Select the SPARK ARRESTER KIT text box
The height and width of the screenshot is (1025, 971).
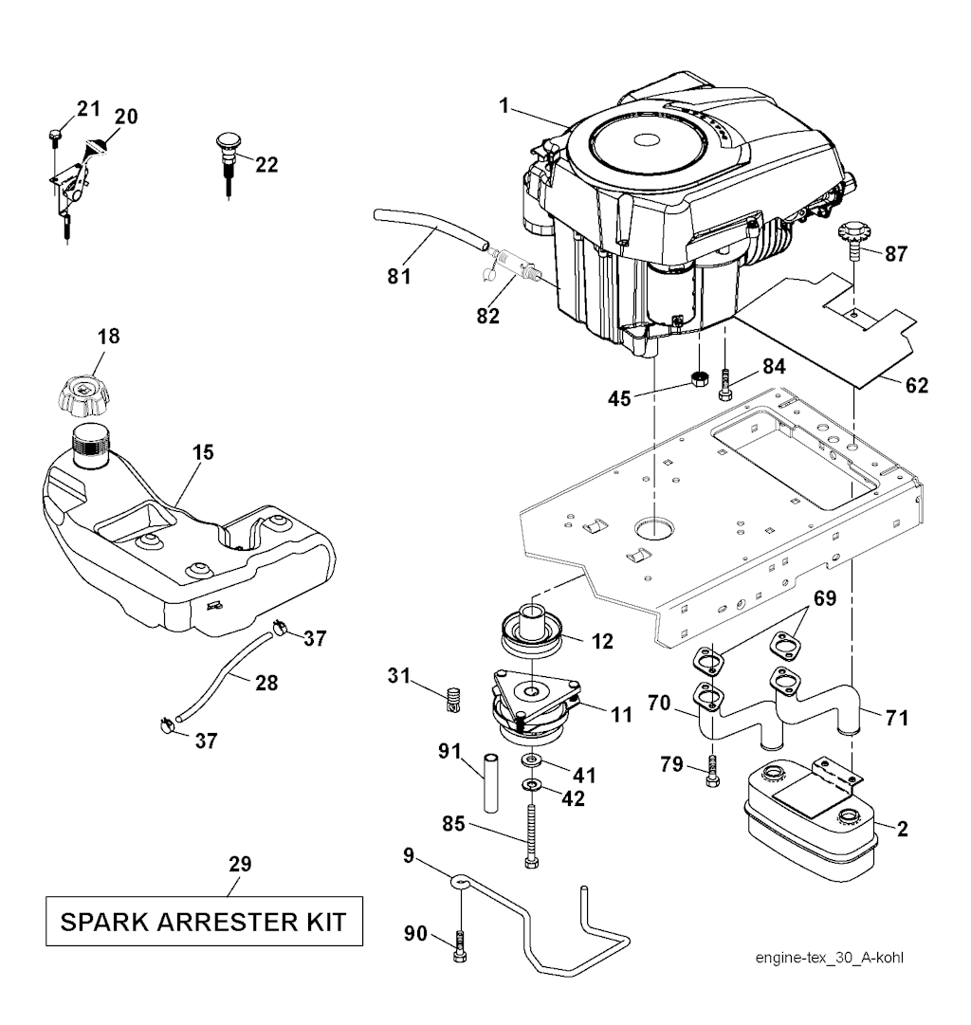point(204,920)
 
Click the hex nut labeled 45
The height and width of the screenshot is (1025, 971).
point(700,379)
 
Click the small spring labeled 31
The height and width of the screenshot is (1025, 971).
point(453,701)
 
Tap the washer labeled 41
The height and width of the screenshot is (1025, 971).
point(530,761)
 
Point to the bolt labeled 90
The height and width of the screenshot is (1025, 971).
point(460,946)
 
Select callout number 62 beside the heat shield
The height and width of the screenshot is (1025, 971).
point(916,386)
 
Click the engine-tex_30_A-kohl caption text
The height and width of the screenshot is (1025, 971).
point(829,958)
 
